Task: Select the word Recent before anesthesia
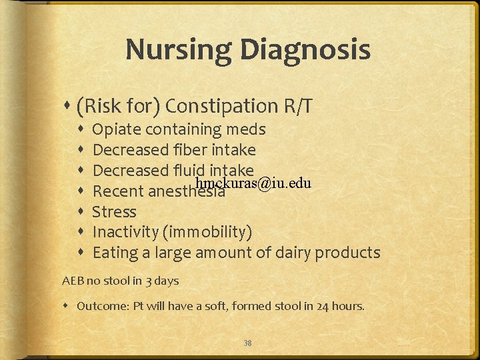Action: [x=117, y=192]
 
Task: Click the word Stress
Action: [x=114, y=212]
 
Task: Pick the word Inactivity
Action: [x=127, y=233]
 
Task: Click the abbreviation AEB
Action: [x=73, y=281]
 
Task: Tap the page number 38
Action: [x=247, y=343]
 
